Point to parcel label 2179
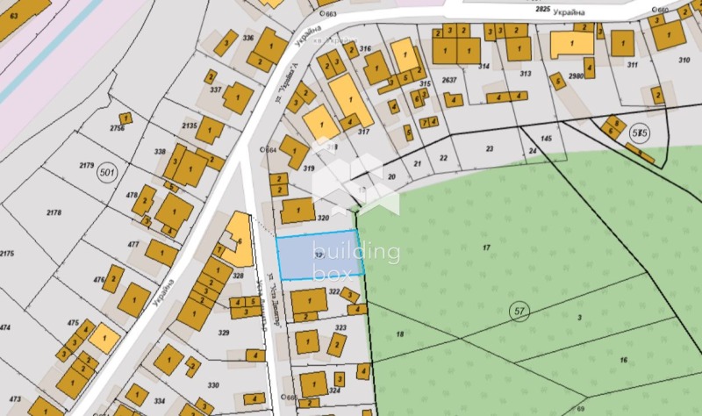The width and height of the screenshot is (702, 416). coord(86,165)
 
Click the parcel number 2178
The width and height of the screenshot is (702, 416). coord(54,212)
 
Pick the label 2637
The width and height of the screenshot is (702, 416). coord(449,80)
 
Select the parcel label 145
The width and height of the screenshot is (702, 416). coord(547,139)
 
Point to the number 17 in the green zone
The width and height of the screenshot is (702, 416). coord(487,247)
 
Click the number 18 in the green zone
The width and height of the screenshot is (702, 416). coord(399,334)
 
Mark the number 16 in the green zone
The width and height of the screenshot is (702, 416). coord(623,361)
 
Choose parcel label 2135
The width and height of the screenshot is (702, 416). coord(189,126)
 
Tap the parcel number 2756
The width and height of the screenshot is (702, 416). coord(117,129)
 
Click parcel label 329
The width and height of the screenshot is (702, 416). coord(224,333)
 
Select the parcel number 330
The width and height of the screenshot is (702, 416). coord(213,385)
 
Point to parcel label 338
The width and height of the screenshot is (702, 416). coord(160,152)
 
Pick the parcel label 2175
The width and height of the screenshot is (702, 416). coord(7,254)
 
